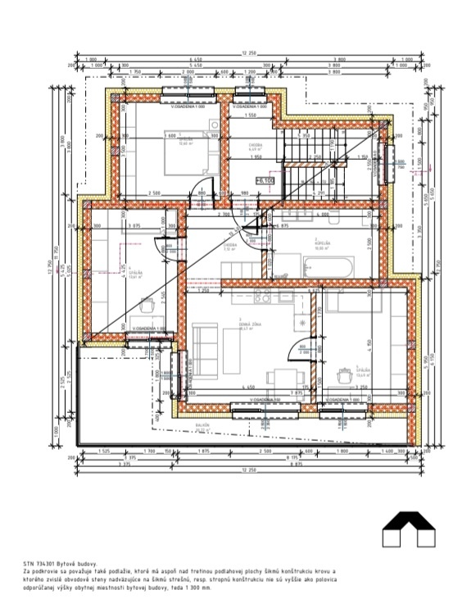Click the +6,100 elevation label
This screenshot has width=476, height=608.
(264, 181)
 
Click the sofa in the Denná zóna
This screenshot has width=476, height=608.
(202, 344)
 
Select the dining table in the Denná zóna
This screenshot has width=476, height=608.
(283, 378)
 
